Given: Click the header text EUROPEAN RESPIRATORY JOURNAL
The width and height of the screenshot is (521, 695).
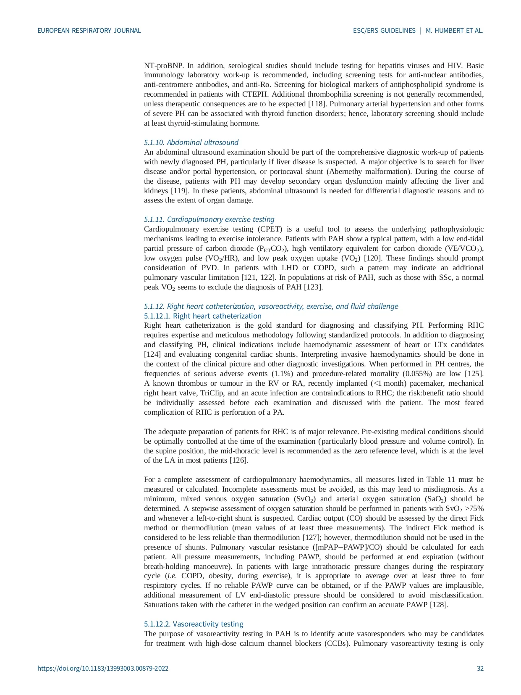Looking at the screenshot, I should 89,31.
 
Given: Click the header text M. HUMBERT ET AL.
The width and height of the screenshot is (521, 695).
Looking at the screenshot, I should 454,31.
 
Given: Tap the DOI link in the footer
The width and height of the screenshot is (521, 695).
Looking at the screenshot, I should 103,669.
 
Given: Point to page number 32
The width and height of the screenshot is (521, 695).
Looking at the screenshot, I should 480,669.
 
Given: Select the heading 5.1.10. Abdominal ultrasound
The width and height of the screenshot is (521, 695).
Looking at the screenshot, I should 191,142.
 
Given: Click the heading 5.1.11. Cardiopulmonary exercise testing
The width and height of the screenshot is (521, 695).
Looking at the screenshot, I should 209,219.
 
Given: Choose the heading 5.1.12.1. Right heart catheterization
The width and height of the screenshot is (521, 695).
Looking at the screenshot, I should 202,316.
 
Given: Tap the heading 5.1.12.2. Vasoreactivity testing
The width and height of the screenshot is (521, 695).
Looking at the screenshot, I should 194,624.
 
